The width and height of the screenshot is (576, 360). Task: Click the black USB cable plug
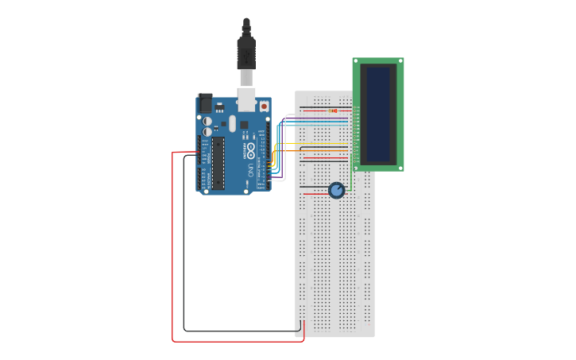245,51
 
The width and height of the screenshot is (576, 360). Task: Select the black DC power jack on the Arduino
205,103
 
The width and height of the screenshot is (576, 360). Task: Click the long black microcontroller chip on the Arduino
217,164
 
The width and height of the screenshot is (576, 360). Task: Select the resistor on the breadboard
333,110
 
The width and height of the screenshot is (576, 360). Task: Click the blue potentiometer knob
337,190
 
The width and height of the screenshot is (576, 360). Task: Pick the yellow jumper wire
318,144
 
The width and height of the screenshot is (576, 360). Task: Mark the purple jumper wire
318,119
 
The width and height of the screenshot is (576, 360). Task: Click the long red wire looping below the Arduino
173,254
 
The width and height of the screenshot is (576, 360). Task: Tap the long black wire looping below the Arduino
184,254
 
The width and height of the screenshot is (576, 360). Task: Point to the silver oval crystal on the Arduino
233,123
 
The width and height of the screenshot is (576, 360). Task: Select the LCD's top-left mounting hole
357,61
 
